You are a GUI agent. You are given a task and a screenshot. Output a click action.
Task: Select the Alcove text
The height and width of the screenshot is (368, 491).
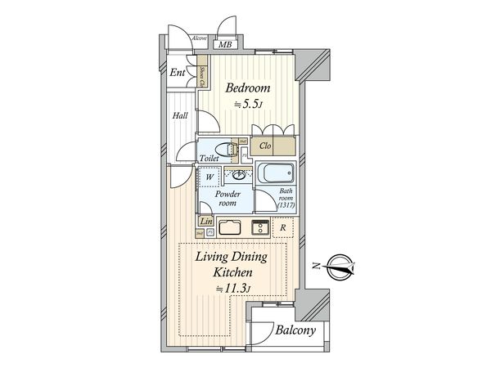tap(198, 39)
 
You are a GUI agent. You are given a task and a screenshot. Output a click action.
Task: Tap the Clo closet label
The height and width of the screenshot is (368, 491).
tap(264, 146)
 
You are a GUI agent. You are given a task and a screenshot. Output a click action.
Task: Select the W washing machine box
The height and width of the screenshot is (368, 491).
tap(209, 176)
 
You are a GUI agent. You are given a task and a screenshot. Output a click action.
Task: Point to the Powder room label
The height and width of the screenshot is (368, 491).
tap(227, 199)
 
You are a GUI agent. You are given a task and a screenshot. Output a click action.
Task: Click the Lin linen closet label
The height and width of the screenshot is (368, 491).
tap(205, 221)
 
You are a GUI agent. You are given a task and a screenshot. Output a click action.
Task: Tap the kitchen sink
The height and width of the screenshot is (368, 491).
tap(230, 228)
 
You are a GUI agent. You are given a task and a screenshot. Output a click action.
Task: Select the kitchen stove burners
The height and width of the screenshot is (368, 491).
tap(260, 228)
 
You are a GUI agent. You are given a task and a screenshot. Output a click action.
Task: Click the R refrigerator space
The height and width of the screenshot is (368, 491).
tap(282, 228)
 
